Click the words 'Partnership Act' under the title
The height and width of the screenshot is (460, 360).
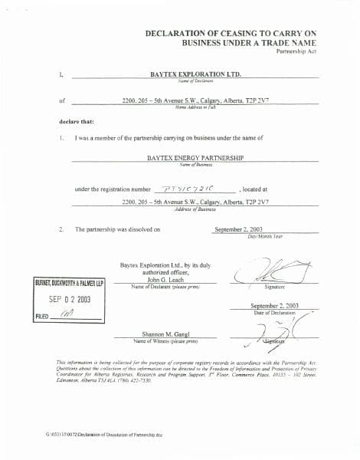point(296,51)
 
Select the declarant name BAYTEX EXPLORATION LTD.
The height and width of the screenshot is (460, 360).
point(195,74)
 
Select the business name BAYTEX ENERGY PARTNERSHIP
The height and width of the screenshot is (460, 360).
point(195,157)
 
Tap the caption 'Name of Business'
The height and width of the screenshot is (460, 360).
point(195,164)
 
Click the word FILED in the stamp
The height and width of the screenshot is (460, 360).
point(43,316)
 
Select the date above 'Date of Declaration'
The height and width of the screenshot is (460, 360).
point(273,305)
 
